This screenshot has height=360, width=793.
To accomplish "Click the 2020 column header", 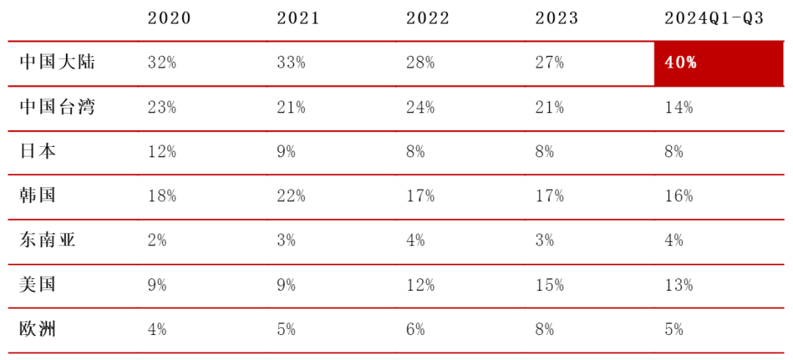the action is tap(169, 18).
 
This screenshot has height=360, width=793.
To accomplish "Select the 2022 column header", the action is tap(427, 18).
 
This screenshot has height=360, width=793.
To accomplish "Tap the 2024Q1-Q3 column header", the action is tap(714, 18).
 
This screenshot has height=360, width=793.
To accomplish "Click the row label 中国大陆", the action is tap(57, 62).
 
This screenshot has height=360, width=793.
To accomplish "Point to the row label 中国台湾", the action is tap(57, 107).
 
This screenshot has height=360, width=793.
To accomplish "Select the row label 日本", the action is tap(38, 151).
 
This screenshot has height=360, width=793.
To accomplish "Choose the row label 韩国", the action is tap(38, 196).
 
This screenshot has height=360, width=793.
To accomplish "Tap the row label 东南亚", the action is tap(48, 240).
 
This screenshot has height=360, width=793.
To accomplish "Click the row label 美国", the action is tap(38, 284).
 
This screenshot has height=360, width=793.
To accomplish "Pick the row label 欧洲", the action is tap(38, 329).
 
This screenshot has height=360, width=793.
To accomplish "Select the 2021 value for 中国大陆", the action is tap(291, 62).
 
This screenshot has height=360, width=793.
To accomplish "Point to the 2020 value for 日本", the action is tap(162, 152).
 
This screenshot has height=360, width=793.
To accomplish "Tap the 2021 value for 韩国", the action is tap(291, 196).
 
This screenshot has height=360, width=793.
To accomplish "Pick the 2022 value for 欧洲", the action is tap(415, 330).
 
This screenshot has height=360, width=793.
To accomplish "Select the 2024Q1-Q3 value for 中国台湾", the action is tap(678, 107).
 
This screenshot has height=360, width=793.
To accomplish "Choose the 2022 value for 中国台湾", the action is tap(420, 107).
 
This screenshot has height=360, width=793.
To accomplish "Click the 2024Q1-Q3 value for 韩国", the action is tap(678, 196).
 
